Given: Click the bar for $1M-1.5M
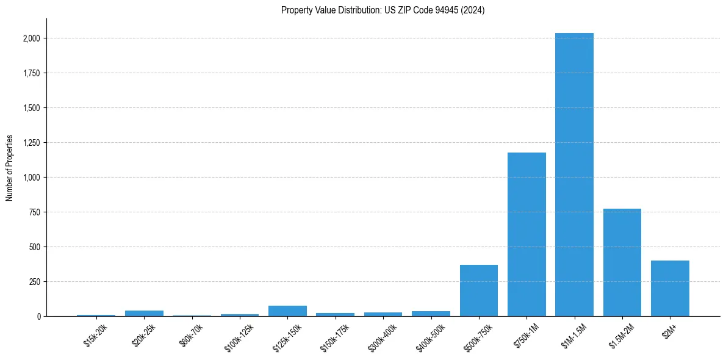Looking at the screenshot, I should tap(574, 175).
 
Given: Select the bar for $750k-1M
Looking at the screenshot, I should tap(527, 234).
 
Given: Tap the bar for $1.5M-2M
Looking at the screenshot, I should tap(622, 262).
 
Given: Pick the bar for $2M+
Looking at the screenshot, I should tap(670, 288).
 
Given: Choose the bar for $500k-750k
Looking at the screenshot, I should tap(479, 290).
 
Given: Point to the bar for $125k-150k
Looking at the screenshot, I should tap(287, 311).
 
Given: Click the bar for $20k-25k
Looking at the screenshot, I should tap(144, 313).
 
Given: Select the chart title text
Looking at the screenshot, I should tap(383, 10).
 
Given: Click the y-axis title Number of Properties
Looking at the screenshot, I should tap(10, 168).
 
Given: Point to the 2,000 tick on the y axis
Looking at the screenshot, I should tap(31, 38).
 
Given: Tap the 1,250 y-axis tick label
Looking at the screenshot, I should tap(31, 143).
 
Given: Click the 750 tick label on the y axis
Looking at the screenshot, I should tap(34, 212).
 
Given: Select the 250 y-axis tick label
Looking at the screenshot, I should tap(34, 282).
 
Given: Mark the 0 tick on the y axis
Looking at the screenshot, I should tap(38, 317).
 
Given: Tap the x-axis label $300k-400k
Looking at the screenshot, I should tap(383, 335).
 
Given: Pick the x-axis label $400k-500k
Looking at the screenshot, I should tap(430, 335).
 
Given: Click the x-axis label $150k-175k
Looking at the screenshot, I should tap(335, 335).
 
